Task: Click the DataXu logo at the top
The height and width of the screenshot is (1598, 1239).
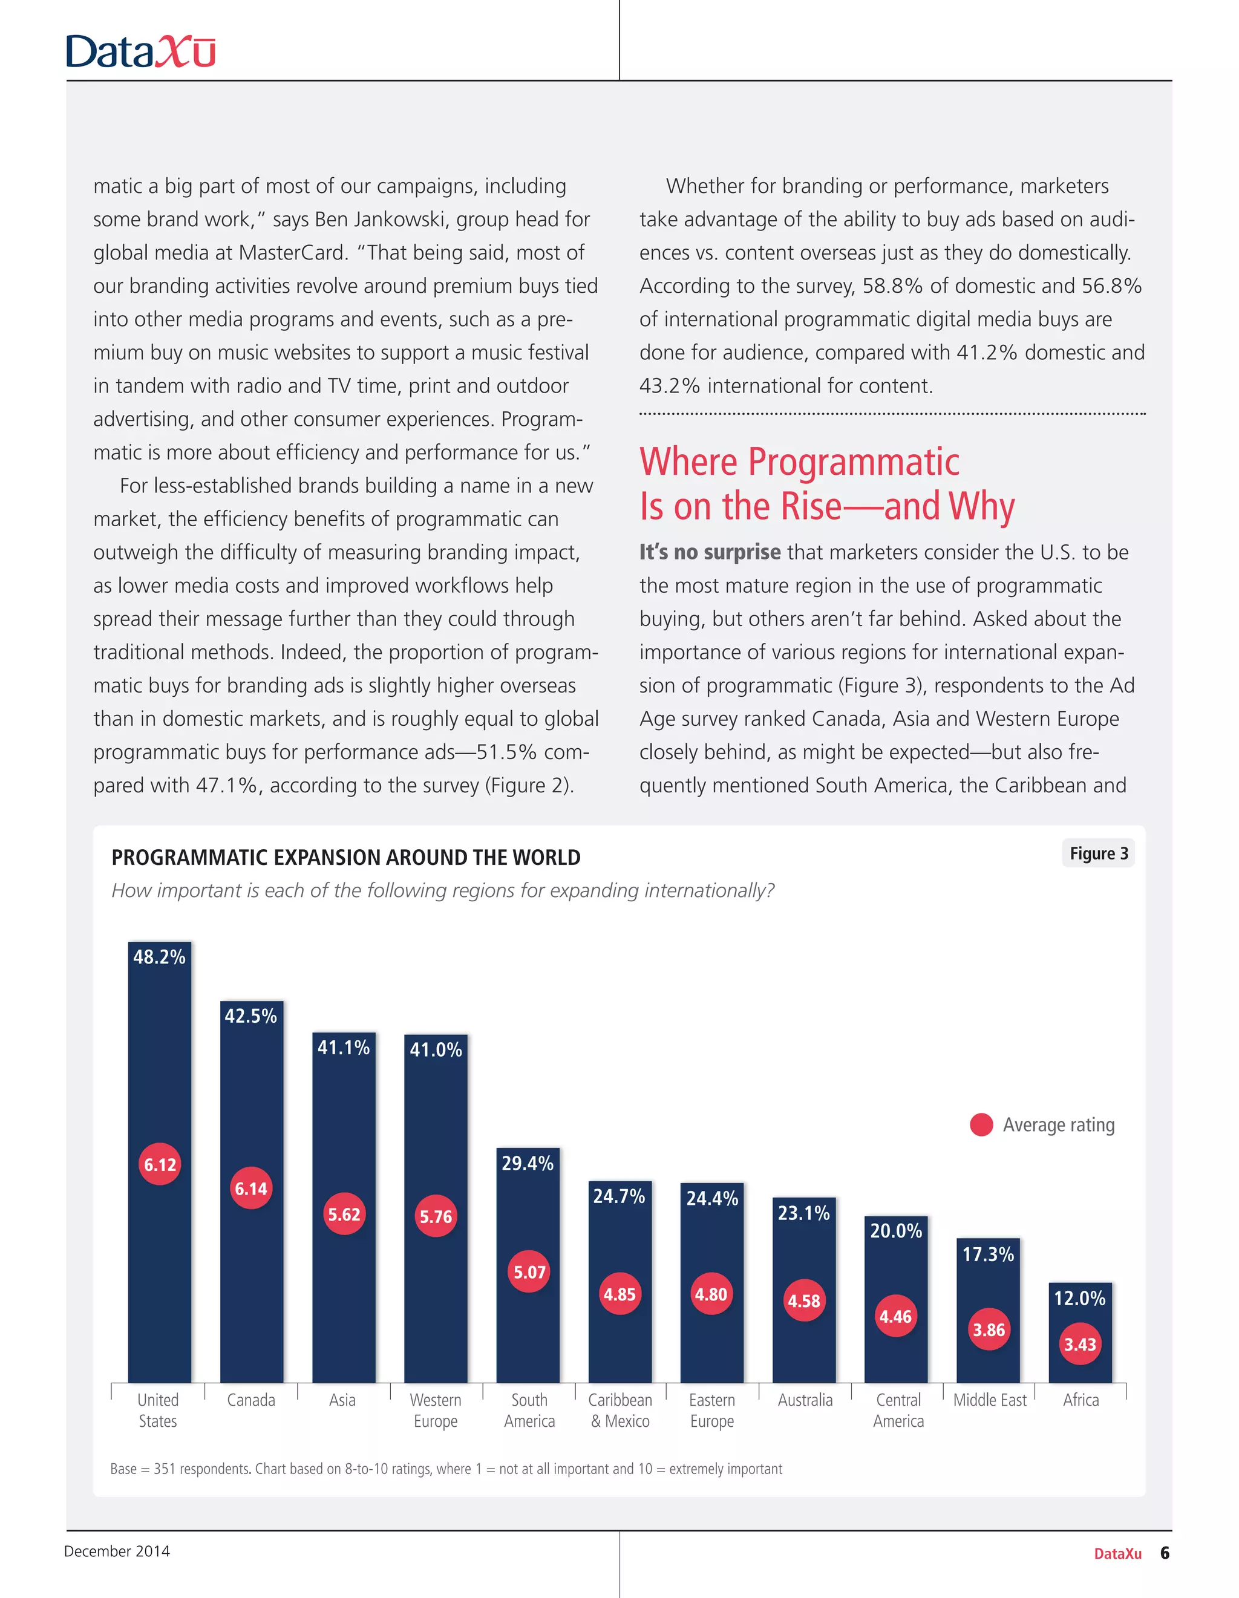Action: tap(140, 52)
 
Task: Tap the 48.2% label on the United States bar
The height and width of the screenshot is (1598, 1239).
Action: tap(160, 957)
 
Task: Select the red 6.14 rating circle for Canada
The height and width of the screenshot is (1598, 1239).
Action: tap(251, 1189)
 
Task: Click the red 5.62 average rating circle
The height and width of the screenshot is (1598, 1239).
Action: tap(344, 1214)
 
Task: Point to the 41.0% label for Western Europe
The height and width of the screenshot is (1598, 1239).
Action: tap(436, 1050)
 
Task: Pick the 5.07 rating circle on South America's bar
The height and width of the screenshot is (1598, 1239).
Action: tap(529, 1271)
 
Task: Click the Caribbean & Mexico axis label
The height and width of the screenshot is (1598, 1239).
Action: tap(620, 1410)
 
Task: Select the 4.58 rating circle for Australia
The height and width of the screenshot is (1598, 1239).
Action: tap(803, 1301)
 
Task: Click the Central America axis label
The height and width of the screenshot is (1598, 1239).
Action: tap(898, 1410)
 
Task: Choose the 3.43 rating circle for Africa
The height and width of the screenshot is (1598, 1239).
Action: tap(1080, 1344)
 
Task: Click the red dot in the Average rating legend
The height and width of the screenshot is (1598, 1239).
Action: tap(981, 1124)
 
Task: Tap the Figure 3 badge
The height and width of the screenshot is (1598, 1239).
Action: tap(1099, 853)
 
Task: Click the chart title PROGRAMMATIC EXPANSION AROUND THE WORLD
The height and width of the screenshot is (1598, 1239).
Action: tap(345, 858)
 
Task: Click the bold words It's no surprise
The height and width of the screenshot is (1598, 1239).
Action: tap(710, 552)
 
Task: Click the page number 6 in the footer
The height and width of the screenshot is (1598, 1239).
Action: tap(1165, 1553)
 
